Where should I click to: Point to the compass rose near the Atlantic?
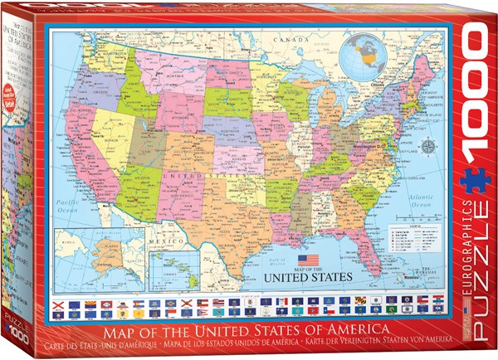427,148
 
